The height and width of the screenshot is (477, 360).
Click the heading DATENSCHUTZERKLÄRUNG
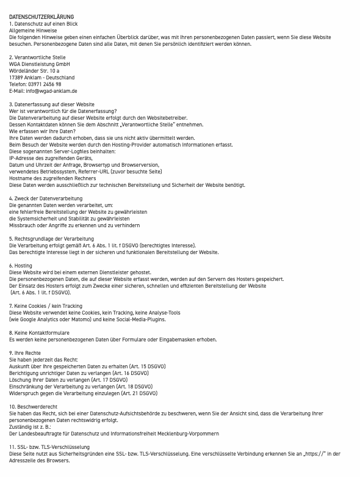[41, 16]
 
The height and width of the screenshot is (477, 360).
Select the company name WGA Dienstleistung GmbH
[40, 64]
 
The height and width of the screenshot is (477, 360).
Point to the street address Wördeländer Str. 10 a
[34, 71]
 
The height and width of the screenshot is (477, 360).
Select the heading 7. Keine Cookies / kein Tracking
[46, 306]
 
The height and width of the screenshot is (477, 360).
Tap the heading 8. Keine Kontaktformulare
[39, 333]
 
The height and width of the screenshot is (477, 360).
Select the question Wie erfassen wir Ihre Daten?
[42, 131]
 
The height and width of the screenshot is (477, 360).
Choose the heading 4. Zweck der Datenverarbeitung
[46, 198]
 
